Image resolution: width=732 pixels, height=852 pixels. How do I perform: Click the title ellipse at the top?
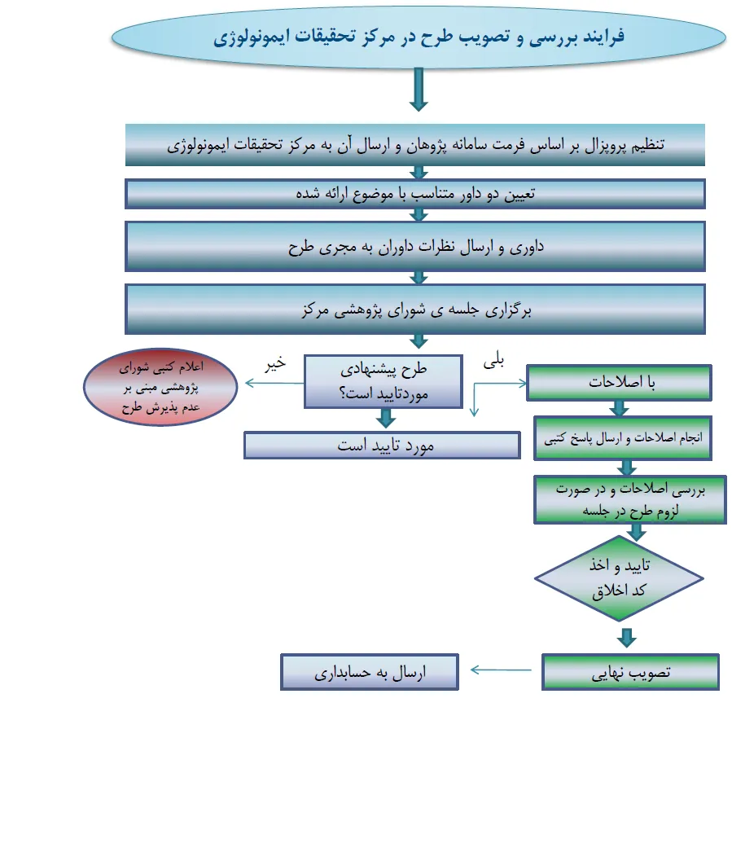tap(418, 38)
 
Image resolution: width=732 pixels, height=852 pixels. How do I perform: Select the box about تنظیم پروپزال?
tap(415, 145)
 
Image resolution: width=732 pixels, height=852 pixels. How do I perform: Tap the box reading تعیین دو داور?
tap(415, 194)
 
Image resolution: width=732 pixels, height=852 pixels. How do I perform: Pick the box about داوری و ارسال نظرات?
tap(415, 245)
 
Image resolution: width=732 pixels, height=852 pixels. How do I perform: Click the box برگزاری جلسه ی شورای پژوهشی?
tap(415, 310)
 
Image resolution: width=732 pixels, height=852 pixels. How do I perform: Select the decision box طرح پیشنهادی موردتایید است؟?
tap(385, 380)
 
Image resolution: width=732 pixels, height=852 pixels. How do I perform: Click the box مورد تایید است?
tap(382, 446)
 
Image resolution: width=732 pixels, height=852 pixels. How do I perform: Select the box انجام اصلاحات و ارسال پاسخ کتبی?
tap(622, 438)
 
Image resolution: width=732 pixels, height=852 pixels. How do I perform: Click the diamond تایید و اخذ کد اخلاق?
tap(619, 579)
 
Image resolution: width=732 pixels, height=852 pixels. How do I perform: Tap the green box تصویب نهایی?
tap(630, 672)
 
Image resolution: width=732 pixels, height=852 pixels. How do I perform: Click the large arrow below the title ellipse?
tap(419, 89)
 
